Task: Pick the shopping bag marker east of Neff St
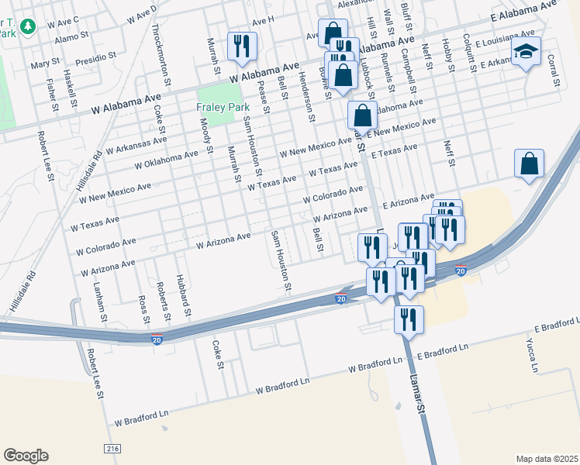coord(529,164)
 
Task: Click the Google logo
coord(26,455)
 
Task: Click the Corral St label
coord(554,71)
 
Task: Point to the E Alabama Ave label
coord(524,12)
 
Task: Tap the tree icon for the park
coord(29,27)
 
